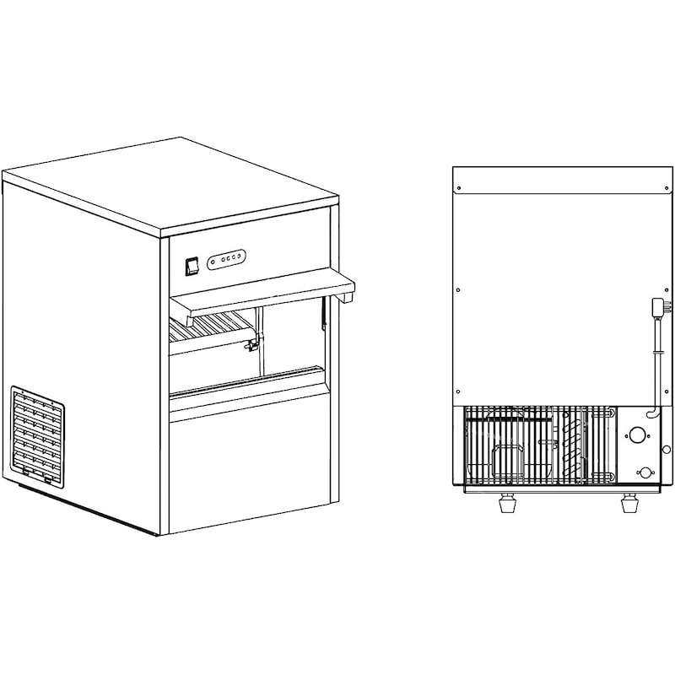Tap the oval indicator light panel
(227, 256)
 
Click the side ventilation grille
(37, 436)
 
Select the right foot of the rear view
(629, 504)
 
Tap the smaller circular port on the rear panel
(645, 473)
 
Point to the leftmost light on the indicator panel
(212, 259)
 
